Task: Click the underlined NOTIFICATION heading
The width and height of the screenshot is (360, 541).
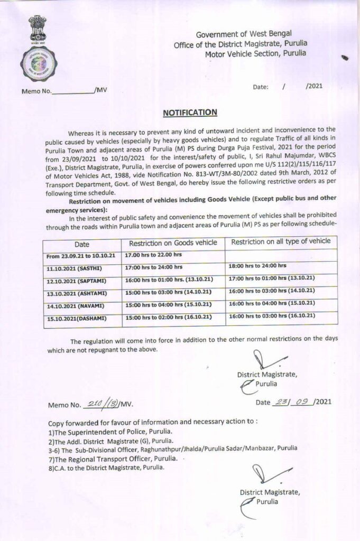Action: (x=190, y=112)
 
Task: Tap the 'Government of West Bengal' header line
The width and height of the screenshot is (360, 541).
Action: (x=243, y=34)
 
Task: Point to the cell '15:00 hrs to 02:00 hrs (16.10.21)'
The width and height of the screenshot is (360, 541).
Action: (x=167, y=317)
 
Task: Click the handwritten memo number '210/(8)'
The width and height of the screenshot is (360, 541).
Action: (x=101, y=404)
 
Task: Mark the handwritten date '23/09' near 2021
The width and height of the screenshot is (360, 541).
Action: (x=291, y=402)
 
